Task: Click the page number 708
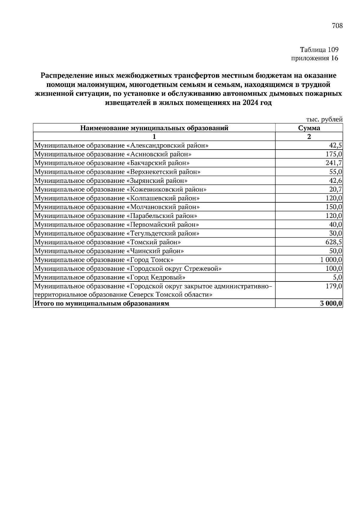click(x=337, y=26)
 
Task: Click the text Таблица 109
click(x=319, y=49)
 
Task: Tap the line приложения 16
click(x=315, y=58)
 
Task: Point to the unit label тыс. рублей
click(x=324, y=119)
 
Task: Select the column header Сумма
click(x=309, y=128)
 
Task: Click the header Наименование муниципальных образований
click(x=154, y=128)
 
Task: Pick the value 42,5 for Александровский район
click(x=335, y=146)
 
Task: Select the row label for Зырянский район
click(x=111, y=181)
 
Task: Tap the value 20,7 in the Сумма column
click(x=335, y=189)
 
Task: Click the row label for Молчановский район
click(x=117, y=207)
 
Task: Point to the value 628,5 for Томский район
click(x=334, y=242)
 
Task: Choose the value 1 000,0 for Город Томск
click(x=331, y=260)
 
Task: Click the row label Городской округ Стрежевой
click(x=128, y=269)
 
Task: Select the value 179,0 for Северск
click(x=334, y=286)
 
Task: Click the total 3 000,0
click(x=331, y=304)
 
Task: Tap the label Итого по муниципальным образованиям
click(x=102, y=304)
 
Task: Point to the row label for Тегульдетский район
click(x=117, y=234)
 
